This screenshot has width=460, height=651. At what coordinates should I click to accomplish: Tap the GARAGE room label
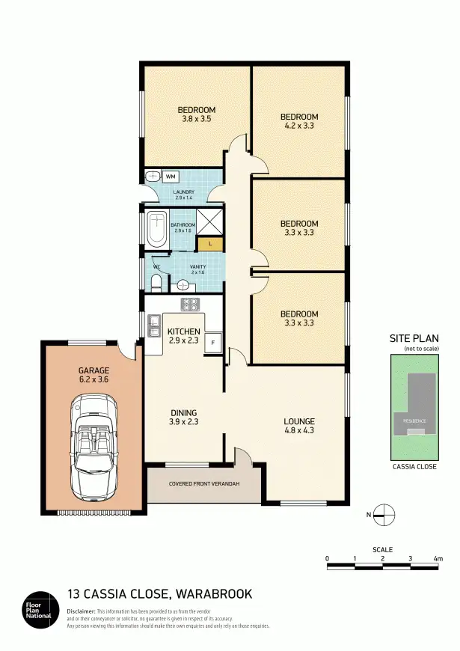tap(94, 375)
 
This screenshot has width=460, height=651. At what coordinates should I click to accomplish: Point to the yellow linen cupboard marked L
tap(210, 244)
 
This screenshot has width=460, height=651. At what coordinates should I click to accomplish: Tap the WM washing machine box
tap(171, 177)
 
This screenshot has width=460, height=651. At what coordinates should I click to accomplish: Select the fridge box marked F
tap(212, 343)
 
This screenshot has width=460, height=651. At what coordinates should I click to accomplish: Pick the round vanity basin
tap(183, 285)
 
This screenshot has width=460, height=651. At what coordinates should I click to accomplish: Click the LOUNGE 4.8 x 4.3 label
tap(298, 426)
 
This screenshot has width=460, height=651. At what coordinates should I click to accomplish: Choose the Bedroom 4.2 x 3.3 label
tap(299, 121)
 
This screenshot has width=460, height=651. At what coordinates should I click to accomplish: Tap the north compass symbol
tap(383, 513)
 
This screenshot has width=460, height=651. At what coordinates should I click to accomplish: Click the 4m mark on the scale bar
tap(438, 558)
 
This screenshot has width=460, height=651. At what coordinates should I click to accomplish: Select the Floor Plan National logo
tap(35, 610)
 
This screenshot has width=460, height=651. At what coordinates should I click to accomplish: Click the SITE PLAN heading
tap(412, 338)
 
